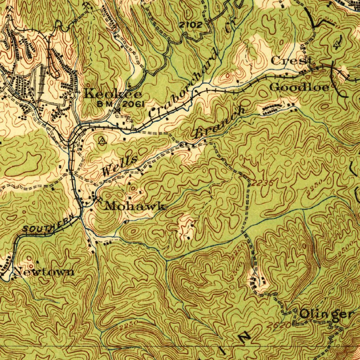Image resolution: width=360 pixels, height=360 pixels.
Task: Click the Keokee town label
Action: click(x=113, y=94)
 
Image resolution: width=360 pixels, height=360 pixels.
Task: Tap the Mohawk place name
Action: click(x=135, y=206)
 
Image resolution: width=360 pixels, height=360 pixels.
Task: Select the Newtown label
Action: click(x=44, y=272)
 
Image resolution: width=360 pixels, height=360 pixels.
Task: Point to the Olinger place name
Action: click(x=326, y=314)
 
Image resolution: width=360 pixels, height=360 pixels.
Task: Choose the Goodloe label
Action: click(x=299, y=87)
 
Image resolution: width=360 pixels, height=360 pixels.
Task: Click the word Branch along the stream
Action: click(x=220, y=122)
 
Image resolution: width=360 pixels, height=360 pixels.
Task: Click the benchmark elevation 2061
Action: click(x=133, y=104)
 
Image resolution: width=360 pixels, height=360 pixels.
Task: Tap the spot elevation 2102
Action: click(x=191, y=25)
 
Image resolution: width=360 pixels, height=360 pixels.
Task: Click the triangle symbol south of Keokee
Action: click(x=102, y=141)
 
